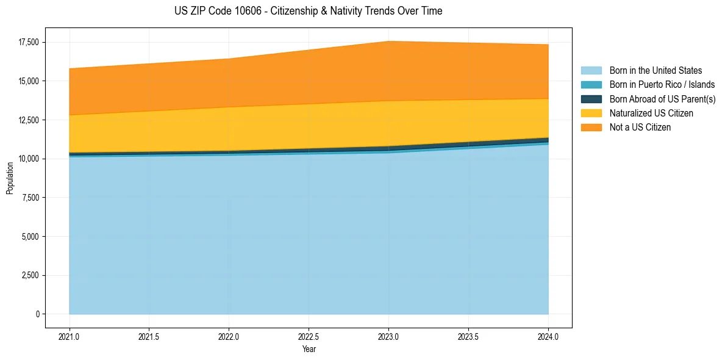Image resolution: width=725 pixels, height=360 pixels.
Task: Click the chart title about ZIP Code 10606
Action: [x=308, y=11]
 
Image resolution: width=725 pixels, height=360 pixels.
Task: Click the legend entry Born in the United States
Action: [x=655, y=71]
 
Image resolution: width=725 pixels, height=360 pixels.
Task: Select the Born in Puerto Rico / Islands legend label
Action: [x=662, y=85]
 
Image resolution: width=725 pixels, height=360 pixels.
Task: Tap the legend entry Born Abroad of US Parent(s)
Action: [x=662, y=99]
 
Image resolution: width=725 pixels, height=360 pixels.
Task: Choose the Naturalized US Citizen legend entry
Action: [x=651, y=113]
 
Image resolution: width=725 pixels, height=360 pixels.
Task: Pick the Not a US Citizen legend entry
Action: [x=640, y=128]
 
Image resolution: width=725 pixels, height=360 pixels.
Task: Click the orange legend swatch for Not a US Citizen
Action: [x=591, y=128]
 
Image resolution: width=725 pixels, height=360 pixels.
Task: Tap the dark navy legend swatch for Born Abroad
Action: [x=591, y=99]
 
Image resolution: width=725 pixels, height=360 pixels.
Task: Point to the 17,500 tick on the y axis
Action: [x=29, y=42]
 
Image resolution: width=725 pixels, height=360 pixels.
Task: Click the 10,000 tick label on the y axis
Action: [x=29, y=159]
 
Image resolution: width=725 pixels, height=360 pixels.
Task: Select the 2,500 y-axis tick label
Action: [x=30, y=275]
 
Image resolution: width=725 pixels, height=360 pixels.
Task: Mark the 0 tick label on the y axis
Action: [x=37, y=314]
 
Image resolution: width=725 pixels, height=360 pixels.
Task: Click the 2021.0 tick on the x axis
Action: [x=70, y=336]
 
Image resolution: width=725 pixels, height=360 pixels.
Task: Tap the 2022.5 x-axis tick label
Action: [x=309, y=336]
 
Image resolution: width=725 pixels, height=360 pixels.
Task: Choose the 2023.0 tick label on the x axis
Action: [x=388, y=336]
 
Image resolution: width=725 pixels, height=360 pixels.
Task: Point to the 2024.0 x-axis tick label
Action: [x=548, y=336]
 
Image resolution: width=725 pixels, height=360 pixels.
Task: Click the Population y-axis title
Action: [x=10, y=178]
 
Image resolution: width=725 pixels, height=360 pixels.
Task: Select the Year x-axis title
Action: [x=309, y=349]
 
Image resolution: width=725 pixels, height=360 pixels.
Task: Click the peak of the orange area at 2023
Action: [x=388, y=42]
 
